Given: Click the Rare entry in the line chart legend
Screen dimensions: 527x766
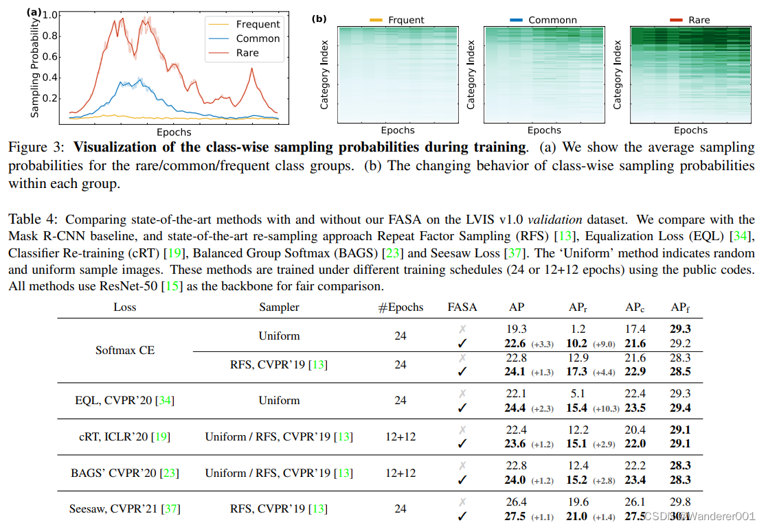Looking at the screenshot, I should coord(247,53).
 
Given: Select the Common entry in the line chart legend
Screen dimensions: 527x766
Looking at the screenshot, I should coord(258,38).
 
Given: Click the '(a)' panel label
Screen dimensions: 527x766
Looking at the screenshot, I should coord(34,12).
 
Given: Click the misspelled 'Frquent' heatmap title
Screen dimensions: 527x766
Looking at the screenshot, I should coord(405,21).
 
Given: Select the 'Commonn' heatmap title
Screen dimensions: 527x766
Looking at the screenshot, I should coord(554,21).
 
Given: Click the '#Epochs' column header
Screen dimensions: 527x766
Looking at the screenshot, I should coord(401,307).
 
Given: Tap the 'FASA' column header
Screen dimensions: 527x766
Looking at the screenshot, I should coord(462,307).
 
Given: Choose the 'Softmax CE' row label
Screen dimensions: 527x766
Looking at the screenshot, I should coord(125,350).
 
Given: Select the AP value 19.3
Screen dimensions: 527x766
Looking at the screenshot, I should coord(517,329).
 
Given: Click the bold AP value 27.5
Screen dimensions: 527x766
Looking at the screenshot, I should coord(515,516).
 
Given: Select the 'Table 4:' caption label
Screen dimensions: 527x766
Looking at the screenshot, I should coord(34,220).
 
